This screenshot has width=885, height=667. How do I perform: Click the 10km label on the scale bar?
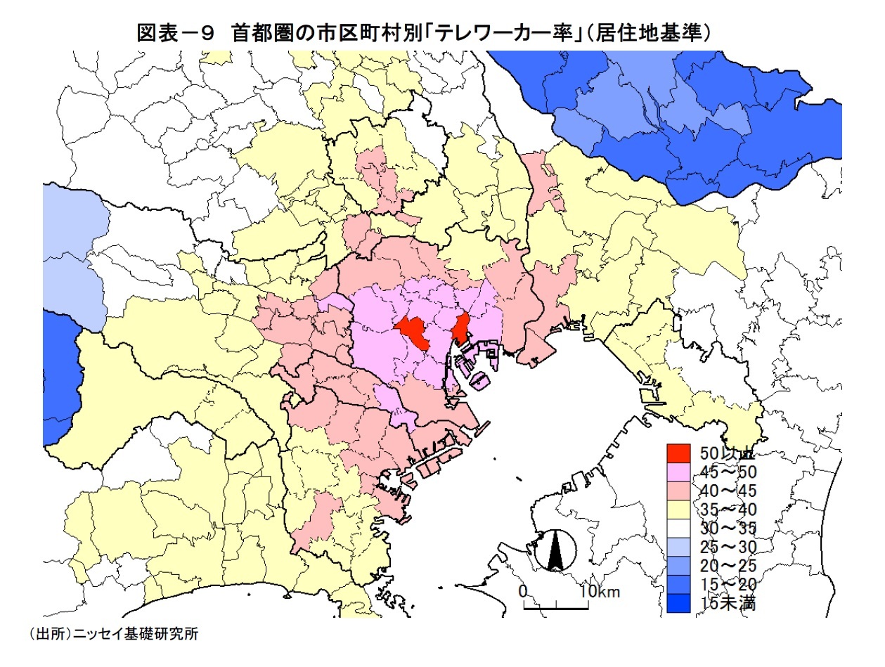600,591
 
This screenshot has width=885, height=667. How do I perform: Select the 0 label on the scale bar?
522,591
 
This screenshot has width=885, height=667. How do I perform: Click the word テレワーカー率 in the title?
502,32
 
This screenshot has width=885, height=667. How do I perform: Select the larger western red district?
415,332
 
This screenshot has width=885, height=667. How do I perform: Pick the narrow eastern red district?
461,328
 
